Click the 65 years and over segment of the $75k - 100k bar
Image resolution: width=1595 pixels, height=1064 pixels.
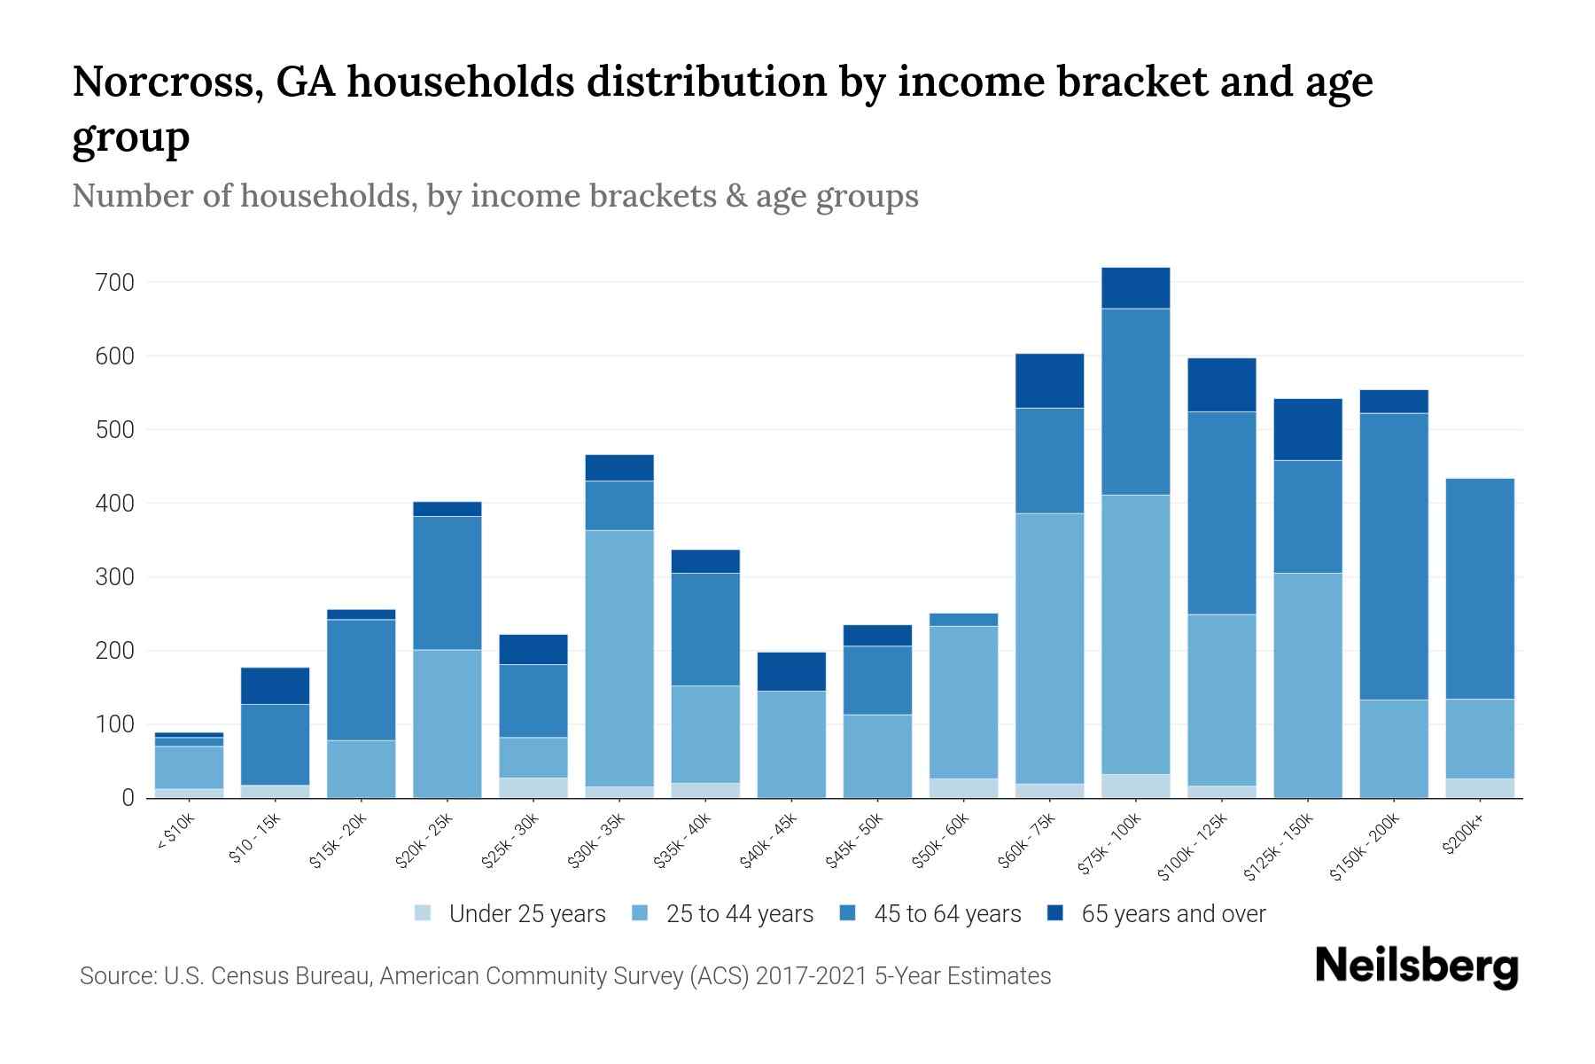(1135, 288)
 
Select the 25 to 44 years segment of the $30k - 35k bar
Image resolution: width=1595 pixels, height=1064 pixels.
(619, 658)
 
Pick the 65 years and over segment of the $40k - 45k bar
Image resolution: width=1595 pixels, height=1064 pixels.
(791, 671)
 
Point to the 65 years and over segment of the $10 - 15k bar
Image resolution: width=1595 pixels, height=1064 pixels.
(275, 685)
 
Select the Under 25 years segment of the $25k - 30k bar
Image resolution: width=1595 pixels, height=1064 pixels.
(533, 787)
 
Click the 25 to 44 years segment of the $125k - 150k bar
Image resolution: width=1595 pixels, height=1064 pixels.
(1308, 685)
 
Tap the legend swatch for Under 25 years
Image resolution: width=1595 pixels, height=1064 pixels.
(424, 913)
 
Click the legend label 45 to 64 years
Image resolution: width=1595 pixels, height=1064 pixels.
(947, 914)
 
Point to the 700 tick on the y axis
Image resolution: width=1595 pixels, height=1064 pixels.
(116, 283)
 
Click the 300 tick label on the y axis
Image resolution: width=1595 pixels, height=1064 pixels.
(116, 577)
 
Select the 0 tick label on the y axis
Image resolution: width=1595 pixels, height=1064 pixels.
(128, 798)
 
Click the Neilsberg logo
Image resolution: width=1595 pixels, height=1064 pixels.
(1416, 966)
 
